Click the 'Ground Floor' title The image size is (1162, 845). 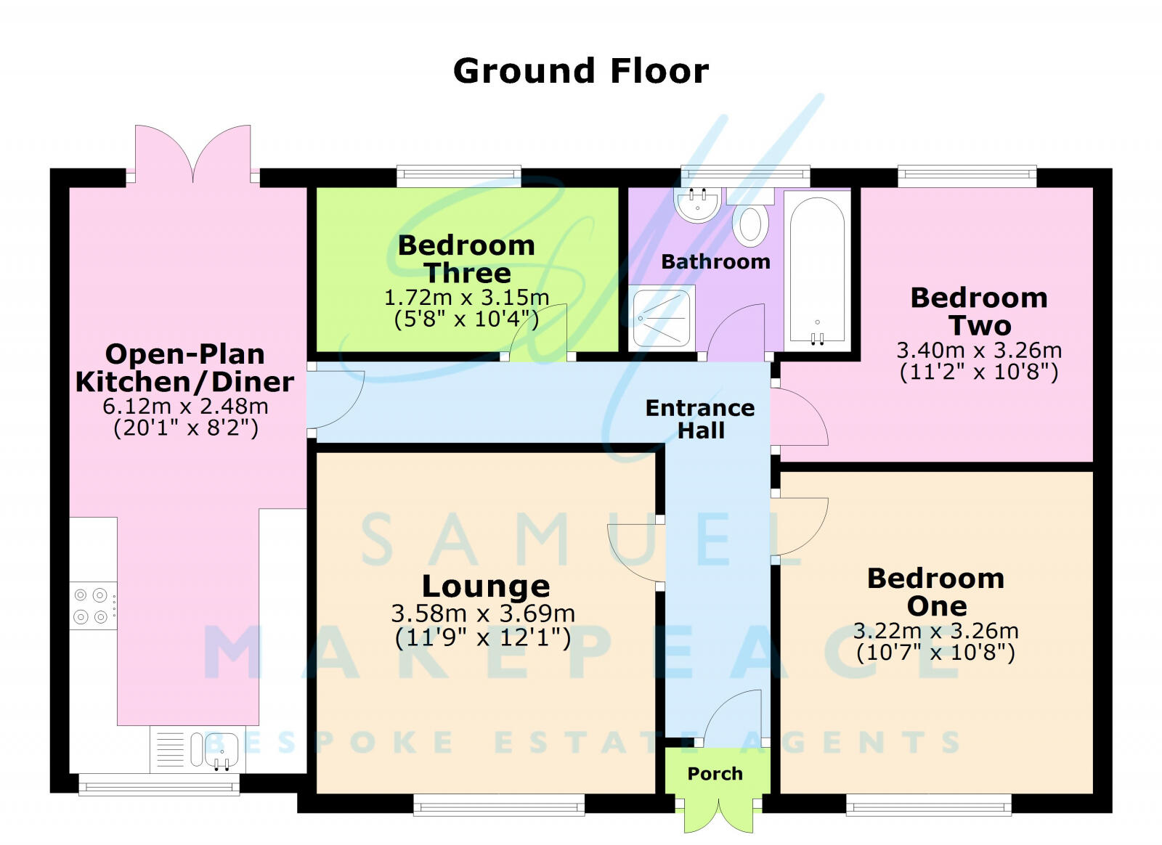coord(580,70)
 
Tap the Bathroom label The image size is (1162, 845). coord(715,261)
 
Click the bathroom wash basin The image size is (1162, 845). coord(697,204)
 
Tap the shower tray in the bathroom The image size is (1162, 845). coord(662,318)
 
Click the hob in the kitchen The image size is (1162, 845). coord(93,605)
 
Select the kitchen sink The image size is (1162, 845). coord(198,749)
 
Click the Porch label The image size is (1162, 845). coord(715,773)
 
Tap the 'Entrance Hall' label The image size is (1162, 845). coord(700,419)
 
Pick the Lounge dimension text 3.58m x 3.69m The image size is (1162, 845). coord(483,613)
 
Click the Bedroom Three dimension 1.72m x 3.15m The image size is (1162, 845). coord(466,298)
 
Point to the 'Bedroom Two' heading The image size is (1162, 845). coord(980,311)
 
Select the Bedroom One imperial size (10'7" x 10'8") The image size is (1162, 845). coord(936,652)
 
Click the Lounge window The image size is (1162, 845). coord(499,805)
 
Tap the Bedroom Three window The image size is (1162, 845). coord(458,176)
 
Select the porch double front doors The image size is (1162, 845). coord(718,815)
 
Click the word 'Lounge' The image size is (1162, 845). coord(486,587)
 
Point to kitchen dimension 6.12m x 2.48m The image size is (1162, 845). coord(185,406)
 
